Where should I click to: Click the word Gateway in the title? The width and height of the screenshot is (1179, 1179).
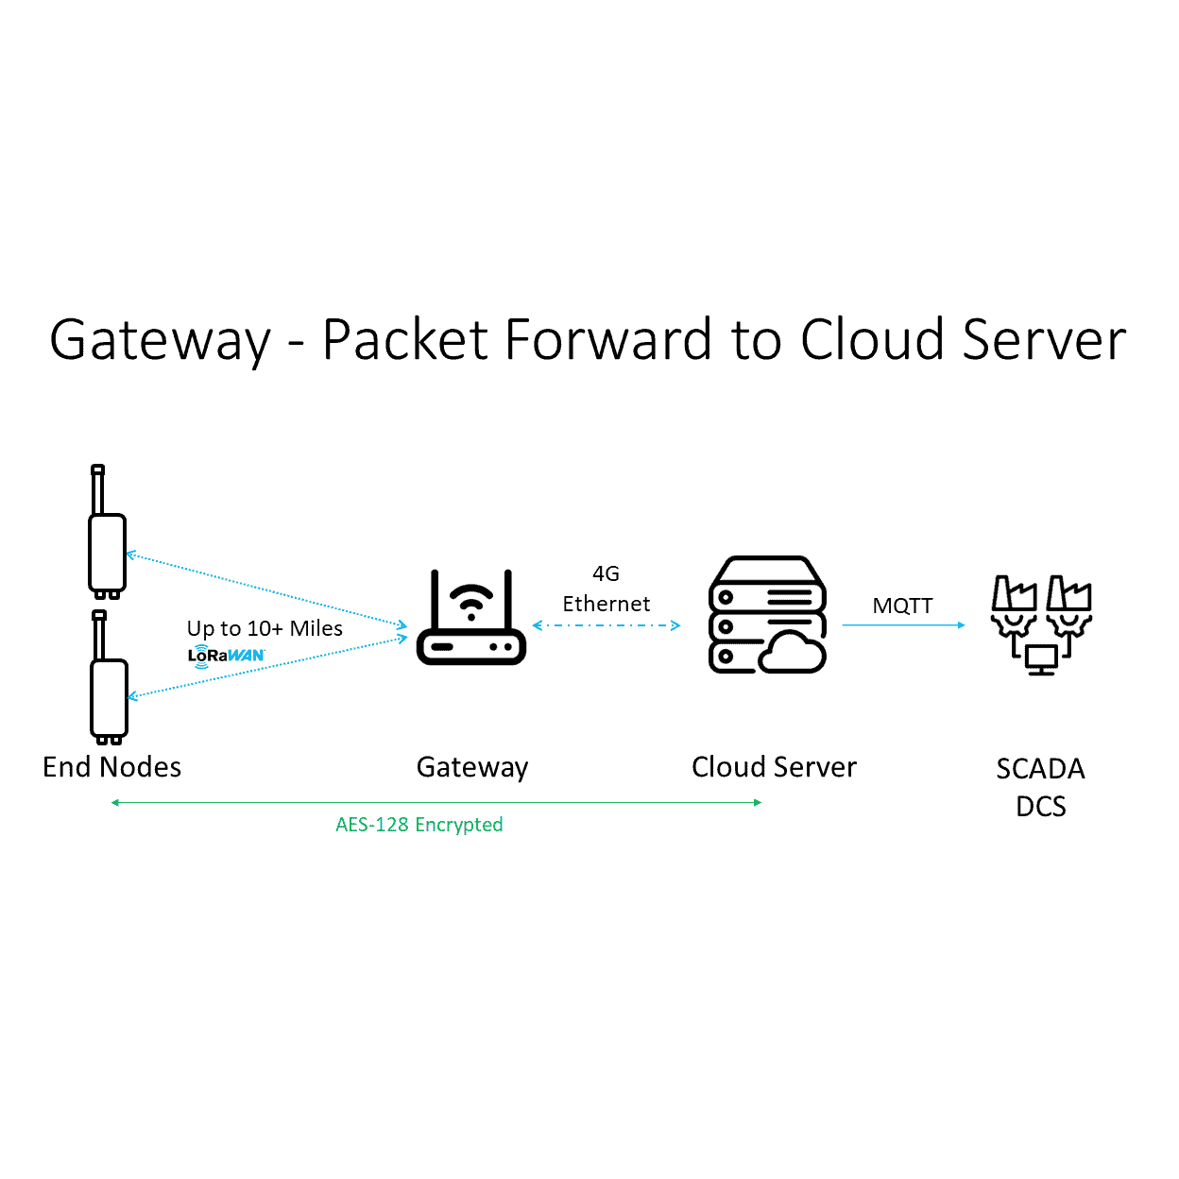point(160,340)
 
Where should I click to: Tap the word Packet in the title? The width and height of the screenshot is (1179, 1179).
point(406,340)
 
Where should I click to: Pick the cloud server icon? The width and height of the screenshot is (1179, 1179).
point(767,615)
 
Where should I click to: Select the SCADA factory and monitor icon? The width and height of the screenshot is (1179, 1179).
point(1041,624)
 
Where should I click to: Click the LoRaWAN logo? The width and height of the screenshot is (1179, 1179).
point(226,655)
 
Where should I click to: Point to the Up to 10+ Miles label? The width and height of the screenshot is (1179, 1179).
point(265,628)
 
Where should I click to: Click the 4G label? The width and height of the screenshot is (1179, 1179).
point(606,573)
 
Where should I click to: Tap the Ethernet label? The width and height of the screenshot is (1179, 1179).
point(606,604)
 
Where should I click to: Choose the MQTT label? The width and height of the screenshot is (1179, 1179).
point(902,606)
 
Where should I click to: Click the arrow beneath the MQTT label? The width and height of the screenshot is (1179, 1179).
point(903,625)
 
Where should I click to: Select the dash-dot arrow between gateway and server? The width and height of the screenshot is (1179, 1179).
point(606,625)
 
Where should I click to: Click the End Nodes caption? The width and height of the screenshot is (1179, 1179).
point(111,767)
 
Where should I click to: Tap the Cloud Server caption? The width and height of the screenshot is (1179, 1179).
point(774,767)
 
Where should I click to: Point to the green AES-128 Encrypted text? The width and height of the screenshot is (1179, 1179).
point(419,825)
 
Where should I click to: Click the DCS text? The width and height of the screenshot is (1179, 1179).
point(1040,807)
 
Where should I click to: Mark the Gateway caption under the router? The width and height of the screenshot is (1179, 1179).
point(471,767)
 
